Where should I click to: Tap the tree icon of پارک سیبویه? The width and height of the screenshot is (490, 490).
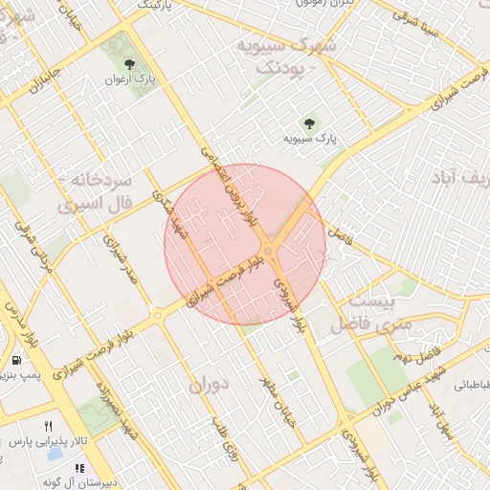[308, 122]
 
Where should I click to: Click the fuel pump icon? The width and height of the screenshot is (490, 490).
[18, 360]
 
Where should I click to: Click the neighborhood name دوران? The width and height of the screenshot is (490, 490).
[210, 385]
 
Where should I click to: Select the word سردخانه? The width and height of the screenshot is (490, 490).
[94, 180]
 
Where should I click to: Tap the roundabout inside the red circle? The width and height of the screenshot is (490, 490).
[269, 251]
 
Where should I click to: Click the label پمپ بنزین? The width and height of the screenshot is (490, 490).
[19, 376]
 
